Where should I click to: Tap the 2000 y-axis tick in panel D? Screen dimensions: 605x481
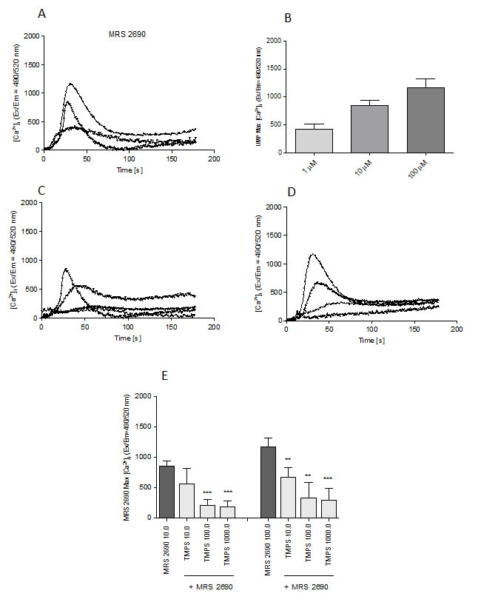pos(275,207)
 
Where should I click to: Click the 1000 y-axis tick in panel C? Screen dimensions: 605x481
pos(30,261)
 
